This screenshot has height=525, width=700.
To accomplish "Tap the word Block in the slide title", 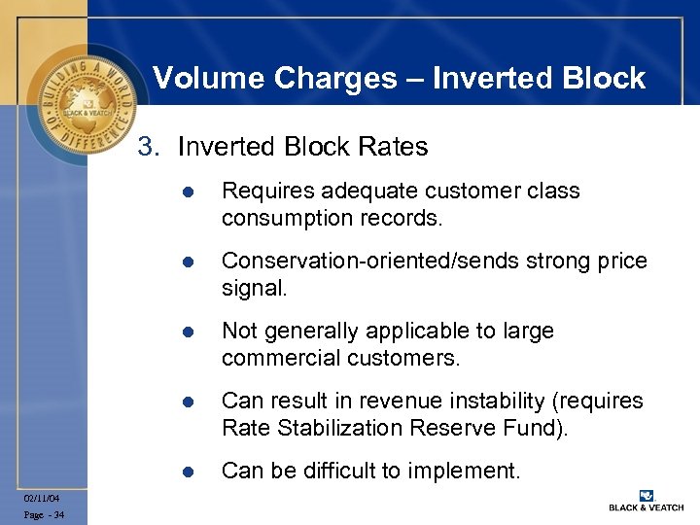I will pos(605,78).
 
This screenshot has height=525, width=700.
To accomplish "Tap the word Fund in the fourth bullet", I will pos(542,428).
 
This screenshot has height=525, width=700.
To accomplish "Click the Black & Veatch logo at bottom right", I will pos(645,500).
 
